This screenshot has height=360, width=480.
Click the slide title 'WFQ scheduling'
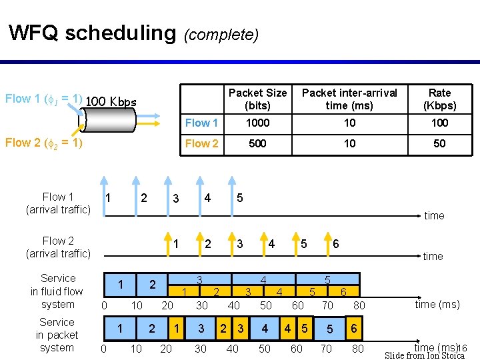click(x=91, y=33)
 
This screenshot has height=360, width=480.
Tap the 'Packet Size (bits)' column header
click(x=257, y=99)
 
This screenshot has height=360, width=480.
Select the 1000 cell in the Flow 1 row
click(x=257, y=123)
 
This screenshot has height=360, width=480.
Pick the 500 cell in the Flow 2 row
click(x=257, y=143)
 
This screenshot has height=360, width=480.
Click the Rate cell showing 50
click(x=439, y=143)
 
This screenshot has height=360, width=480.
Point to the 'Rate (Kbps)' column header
click(x=439, y=99)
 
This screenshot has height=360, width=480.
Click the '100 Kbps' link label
click(x=111, y=102)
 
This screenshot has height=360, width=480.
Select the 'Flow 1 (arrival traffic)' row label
click(x=58, y=203)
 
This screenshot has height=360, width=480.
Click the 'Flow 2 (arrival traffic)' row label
click(x=58, y=247)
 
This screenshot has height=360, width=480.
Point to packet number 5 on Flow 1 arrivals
click(x=239, y=198)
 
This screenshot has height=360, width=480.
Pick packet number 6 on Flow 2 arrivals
click(x=335, y=244)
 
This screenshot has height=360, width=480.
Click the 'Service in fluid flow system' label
click(x=57, y=291)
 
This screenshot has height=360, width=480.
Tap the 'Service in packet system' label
click(x=57, y=335)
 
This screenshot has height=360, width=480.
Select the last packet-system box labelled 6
click(x=354, y=329)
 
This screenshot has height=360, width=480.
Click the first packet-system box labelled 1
click(x=120, y=329)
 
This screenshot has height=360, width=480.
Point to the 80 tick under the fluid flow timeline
click(x=359, y=305)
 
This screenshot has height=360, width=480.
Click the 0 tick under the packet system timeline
click(x=103, y=349)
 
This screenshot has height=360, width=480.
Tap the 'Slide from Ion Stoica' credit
click(x=425, y=355)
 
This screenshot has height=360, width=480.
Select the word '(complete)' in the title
click(x=221, y=34)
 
